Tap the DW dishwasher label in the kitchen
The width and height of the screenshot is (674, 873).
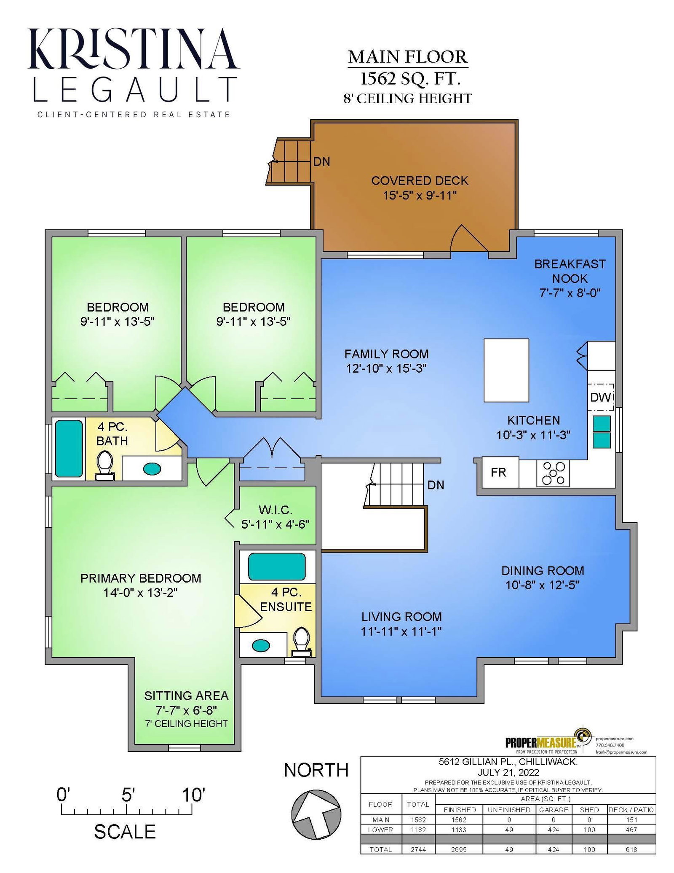coord(600,397)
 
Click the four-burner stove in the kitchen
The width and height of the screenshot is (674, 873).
coord(553,473)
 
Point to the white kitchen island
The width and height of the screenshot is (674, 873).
coord(506,370)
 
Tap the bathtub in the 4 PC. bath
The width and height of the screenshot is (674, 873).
coord(69,448)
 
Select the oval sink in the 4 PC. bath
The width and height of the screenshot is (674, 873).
coord(152,468)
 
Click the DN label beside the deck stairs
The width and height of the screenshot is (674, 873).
coord(321,161)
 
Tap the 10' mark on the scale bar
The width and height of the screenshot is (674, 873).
coord(193,795)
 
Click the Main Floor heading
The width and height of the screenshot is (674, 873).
coord(408,57)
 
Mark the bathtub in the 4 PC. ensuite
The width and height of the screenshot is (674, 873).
coord(277,567)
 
